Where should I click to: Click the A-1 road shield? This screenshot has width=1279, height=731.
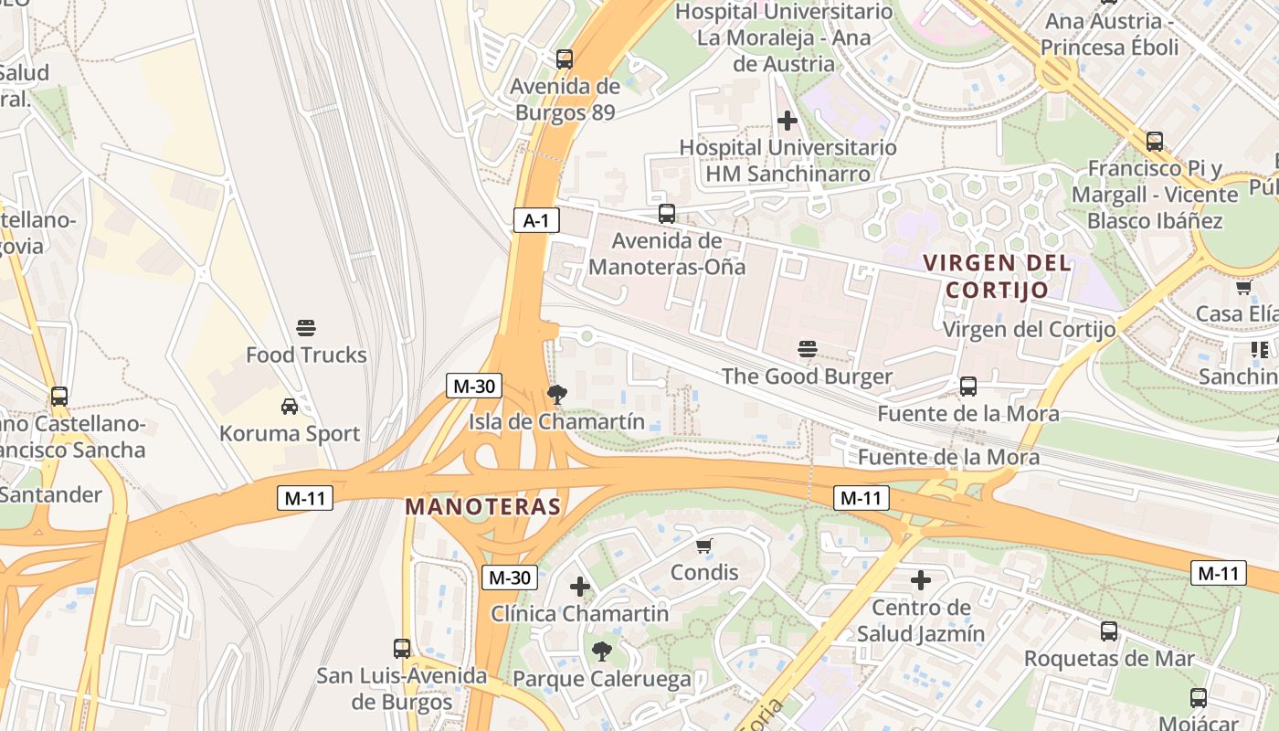click(x=536, y=220)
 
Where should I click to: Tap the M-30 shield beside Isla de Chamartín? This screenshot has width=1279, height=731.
click(x=473, y=386)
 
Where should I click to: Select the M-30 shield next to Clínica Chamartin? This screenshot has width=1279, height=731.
click(x=509, y=577)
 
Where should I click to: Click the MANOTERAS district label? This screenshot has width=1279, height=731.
click(x=482, y=506)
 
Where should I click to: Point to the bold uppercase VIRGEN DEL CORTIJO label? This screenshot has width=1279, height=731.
click(x=997, y=276)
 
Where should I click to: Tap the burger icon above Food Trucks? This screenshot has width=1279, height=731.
click(x=306, y=328)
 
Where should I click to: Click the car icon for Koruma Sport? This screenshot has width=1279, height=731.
click(x=290, y=407)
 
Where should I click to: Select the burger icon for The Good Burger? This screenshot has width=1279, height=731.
click(x=807, y=349)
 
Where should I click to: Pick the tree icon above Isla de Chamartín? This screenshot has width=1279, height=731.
click(x=555, y=395)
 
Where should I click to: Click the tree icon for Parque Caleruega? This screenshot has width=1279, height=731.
click(x=601, y=652)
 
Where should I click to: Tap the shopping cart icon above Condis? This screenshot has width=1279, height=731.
click(x=703, y=546)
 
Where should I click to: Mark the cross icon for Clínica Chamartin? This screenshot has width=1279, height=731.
click(x=580, y=587)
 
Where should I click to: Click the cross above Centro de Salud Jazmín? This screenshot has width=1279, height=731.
click(x=921, y=580)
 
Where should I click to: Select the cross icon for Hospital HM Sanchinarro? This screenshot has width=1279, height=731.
click(x=787, y=121)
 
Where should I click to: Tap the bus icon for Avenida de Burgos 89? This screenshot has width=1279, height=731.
click(x=565, y=59)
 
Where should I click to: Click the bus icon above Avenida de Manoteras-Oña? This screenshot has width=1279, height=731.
click(x=667, y=214)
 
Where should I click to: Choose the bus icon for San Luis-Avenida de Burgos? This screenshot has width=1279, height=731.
click(x=401, y=649)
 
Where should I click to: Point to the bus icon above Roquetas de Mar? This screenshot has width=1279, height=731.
click(x=1109, y=631)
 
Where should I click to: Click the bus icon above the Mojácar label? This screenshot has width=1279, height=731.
click(x=1199, y=698)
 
